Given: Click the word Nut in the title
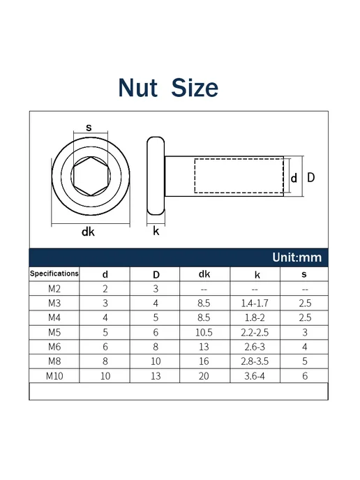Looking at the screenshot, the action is (138, 88).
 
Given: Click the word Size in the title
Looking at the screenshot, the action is (195, 88).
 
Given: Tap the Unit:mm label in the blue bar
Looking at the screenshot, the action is (297, 257).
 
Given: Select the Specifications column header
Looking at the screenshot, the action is (54, 273).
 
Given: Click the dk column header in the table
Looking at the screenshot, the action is (204, 274).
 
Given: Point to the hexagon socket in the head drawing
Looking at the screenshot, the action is (91, 176).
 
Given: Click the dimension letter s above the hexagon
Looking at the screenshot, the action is (89, 127).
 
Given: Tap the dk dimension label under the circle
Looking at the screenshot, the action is (88, 232).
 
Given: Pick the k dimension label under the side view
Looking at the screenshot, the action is (156, 231).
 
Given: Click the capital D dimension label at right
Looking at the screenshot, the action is (310, 177).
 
